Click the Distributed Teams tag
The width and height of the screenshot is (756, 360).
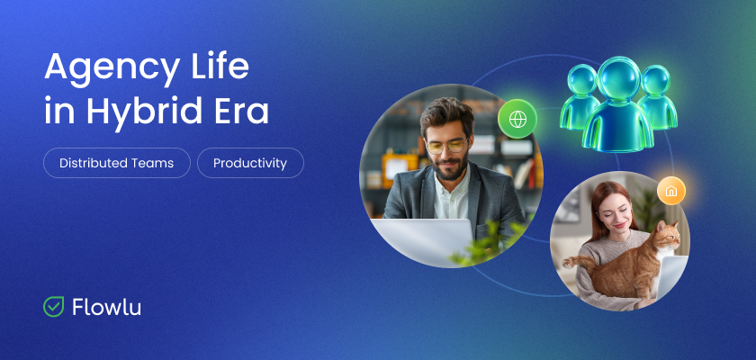(117, 163)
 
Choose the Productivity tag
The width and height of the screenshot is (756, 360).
(250, 163)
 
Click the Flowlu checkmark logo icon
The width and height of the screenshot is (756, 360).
(54, 307)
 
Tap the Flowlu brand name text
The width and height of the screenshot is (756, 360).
(106, 307)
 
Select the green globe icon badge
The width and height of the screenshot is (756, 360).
(517, 118)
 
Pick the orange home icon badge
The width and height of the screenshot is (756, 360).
(670, 191)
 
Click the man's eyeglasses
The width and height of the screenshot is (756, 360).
(445, 145)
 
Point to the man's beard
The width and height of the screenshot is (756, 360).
(447, 169)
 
